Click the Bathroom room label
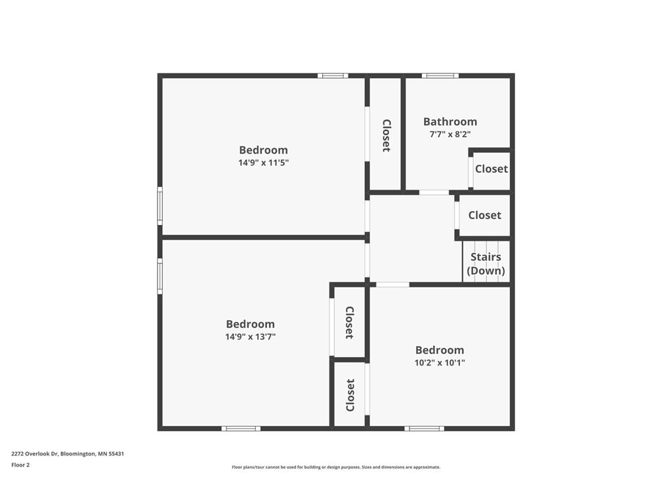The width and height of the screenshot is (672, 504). tap(450, 121)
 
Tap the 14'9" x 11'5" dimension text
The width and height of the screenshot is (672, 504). tap(264, 163)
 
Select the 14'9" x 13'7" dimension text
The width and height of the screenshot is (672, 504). tap(250, 337)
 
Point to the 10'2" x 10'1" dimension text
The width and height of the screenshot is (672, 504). tap(440, 363)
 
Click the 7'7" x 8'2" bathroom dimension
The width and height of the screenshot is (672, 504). tap(450, 134)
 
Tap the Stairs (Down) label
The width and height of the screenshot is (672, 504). tap(486, 264)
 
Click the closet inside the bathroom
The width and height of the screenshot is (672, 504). tap(491, 169)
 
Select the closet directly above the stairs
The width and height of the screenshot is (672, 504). tap(484, 215)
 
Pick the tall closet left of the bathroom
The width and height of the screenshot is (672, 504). tap(386, 133)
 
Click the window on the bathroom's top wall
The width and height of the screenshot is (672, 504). tap(440, 76)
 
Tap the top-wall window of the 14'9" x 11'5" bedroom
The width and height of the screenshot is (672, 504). tap(333, 76)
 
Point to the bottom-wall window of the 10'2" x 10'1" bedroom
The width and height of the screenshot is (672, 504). tap(425, 429)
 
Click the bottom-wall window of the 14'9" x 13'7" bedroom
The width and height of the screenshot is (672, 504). tap(241, 429)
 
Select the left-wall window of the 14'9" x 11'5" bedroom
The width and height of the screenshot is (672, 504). tap(160, 205)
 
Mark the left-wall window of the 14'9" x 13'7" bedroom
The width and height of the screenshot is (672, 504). tap(160, 276)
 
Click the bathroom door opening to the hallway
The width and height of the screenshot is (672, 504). tap(434, 192)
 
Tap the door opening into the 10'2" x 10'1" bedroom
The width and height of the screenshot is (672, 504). tap(392, 285)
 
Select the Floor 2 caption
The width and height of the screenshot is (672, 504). tap(20, 465)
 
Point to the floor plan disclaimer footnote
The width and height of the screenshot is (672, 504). tap(336, 467)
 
